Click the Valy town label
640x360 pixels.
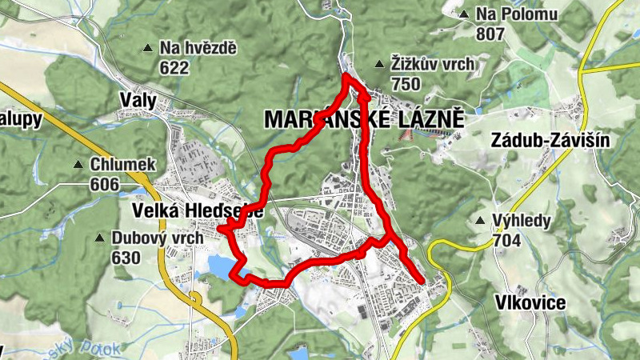coord(137,100)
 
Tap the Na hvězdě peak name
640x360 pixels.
coord(198,48)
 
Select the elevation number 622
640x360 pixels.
coord(174,67)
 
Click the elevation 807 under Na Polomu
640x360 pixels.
coord(490,33)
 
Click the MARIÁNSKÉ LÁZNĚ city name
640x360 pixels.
coord(364,119)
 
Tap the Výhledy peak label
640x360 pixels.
coord(521,221)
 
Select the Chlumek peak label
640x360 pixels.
coord(122,165)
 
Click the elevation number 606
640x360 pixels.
coord(105,185)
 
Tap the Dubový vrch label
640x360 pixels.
coord(149,238)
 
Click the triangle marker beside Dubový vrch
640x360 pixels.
coord(99,238)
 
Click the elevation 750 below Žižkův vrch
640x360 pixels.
coord(406,83)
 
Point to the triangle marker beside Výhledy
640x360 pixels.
coord(480,221)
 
